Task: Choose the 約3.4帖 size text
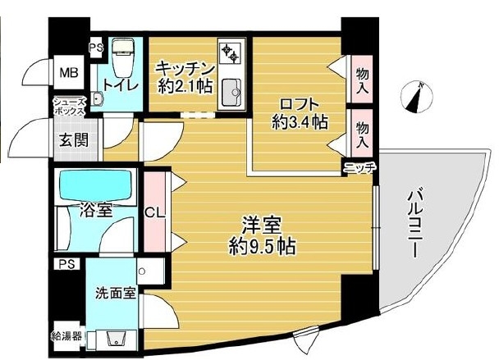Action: (x=300, y=123)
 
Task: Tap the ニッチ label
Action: (x=359, y=168)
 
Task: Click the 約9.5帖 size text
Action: (x=262, y=245)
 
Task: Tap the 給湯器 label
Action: (x=66, y=335)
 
